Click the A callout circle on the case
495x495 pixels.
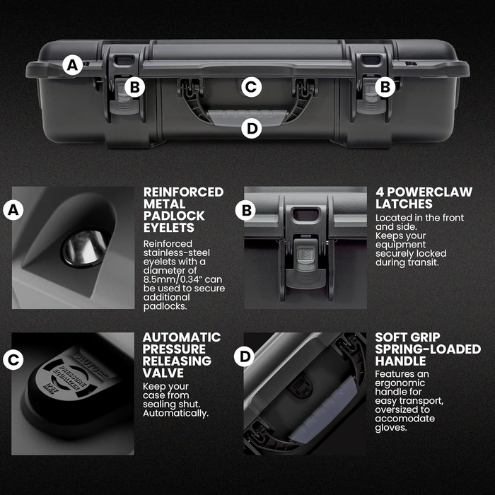tap(73, 65)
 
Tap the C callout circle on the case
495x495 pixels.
tap(251, 87)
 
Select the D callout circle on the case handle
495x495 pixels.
tap(251, 129)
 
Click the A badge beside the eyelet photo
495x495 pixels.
tap(13, 209)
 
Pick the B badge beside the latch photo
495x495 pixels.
tap(245, 210)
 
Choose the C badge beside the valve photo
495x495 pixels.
tap(13, 359)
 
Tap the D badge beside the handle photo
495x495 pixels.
tap(245, 356)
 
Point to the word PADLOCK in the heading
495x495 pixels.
tap(174, 216)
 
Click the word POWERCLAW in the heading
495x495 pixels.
tap(430, 192)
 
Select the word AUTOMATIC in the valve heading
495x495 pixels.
tap(182, 337)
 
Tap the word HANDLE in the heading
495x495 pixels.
tap(401, 361)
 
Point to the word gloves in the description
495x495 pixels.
tap(391, 428)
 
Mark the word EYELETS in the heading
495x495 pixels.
tap(169, 228)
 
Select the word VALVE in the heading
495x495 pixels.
tap(163, 373)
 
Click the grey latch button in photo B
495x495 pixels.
tap(305, 258)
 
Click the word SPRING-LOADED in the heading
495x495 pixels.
tap(428, 349)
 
